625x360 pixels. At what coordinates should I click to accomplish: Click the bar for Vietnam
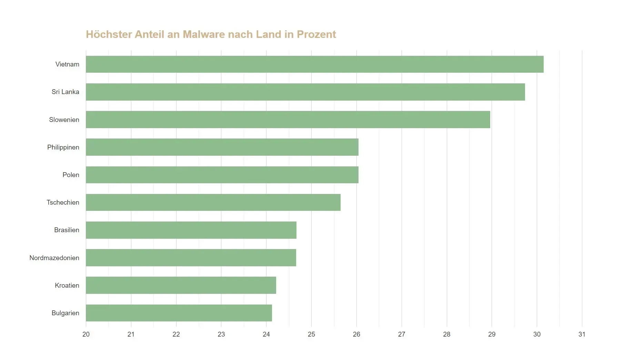click(x=314, y=64)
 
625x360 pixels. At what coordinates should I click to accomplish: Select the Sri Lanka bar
click(x=305, y=92)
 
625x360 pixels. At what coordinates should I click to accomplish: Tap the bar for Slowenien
click(x=288, y=120)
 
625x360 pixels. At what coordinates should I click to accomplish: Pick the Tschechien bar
click(x=213, y=202)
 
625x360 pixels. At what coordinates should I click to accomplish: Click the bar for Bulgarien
click(x=179, y=313)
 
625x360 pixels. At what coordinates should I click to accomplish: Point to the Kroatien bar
click(x=181, y=285)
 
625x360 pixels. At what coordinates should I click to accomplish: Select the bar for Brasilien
click(x=191, y=230)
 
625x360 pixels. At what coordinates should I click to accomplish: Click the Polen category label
click(x=71, y=175)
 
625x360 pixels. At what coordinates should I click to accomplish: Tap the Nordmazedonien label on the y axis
click(x=54, y=258)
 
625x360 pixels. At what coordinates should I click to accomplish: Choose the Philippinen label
click(x=63, y=147)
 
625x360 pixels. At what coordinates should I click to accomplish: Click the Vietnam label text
click(x=67, y=64)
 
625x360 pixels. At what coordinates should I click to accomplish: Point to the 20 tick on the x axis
click(x=86, y=334)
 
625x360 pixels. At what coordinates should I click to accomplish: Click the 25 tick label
click(x=311, y=334)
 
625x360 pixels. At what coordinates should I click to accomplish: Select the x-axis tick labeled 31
click(x=582, y=334)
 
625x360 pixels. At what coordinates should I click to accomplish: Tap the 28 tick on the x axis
click(x=446, y=334)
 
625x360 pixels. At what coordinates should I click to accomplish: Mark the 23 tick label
click(x=221, y=334)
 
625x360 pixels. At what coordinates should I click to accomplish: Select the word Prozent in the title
click(x=316, y=34)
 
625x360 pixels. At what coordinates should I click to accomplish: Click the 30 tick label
click(x=537, y=334)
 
